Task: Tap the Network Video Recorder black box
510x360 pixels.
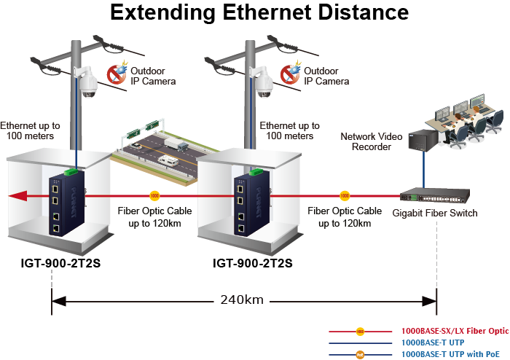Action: pos(421,141)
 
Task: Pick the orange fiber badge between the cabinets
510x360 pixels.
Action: pos(154,196)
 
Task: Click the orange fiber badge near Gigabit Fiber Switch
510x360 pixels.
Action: pos(345,196)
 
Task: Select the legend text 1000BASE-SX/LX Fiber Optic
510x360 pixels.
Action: pos(455,330)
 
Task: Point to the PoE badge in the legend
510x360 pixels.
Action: pos(360,354)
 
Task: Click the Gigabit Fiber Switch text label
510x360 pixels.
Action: pos(435,213)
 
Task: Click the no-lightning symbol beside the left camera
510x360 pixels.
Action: pos(117,73)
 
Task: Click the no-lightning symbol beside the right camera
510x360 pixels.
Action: pos(291,73)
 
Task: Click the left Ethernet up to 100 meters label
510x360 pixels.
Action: pos(31,130)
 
